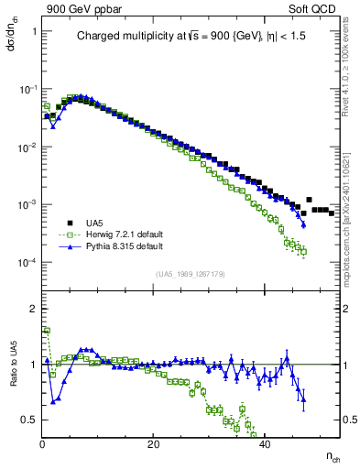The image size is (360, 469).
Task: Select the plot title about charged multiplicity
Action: coord(194,38)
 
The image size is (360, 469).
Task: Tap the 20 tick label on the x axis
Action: coord(154,444)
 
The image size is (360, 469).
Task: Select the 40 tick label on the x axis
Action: coord(265,444)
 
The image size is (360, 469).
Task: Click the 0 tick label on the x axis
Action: coord(43,444)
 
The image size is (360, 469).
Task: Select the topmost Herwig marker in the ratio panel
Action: coord(45,330)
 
